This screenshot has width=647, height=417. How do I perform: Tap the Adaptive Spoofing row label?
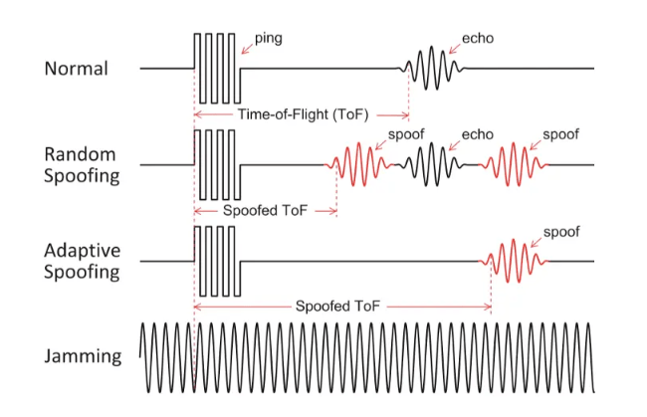(x=81, y=261)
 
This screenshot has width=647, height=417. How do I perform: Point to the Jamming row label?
(x=83, y=355)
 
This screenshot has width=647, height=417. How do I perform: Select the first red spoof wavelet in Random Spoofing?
(x=356, y=165)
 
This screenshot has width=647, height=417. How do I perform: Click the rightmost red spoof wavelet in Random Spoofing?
(x=512, y=164)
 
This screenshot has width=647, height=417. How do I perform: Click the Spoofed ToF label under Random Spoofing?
(x=264, y=212)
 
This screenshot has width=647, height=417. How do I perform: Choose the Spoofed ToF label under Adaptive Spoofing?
(x=340, y=308)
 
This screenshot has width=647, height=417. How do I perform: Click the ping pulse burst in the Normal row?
(x=217, y=68)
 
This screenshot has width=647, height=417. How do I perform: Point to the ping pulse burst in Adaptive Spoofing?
(x=217, y=261)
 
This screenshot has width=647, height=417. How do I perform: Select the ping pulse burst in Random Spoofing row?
(x=217, y=164)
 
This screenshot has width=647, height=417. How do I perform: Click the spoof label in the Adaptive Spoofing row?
(x=561, y=232)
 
